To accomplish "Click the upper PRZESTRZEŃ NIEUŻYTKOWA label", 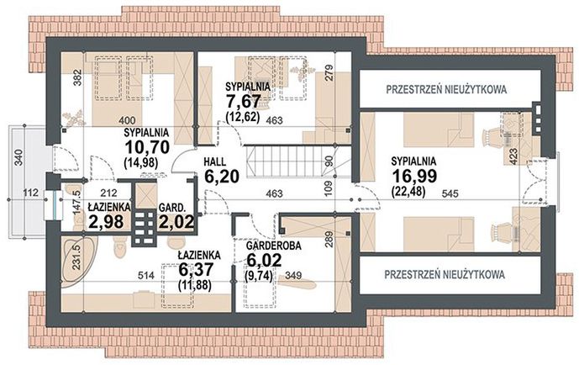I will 445,87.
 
